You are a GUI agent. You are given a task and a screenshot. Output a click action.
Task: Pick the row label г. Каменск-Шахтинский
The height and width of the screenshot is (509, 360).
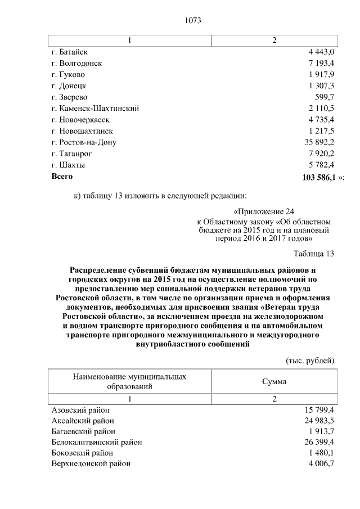tap(94, 109)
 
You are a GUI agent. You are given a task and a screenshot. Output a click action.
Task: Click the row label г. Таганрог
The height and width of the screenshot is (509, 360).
tap(71, 154)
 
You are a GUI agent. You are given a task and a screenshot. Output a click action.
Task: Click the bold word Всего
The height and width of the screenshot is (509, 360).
tap(62, 177)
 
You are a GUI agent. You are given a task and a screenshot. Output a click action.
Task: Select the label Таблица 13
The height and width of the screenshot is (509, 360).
tap(314, 253)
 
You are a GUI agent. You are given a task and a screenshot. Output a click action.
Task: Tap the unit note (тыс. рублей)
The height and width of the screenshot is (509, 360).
tap(310, 360)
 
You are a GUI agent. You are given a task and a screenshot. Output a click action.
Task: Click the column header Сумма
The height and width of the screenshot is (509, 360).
tap(274, 381)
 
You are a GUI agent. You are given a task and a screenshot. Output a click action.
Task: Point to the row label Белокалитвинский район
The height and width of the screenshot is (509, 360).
tap(96, 442)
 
